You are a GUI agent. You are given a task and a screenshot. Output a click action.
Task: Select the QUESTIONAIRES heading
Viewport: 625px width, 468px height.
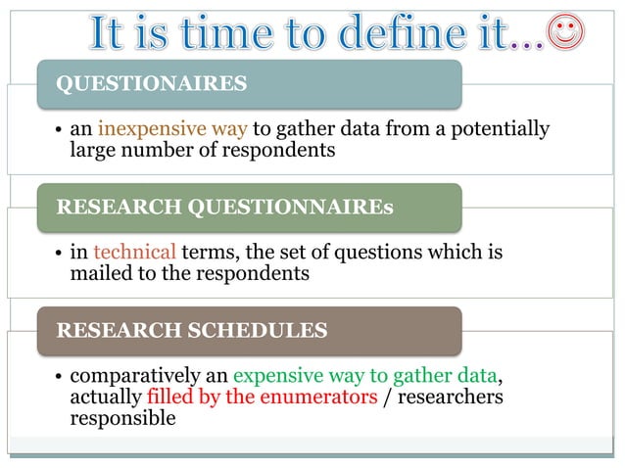(x=152, y=83)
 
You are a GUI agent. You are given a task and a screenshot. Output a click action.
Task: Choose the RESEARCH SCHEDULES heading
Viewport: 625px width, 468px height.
(x=191, y=330)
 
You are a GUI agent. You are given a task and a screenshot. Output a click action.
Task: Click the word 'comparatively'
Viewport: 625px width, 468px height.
(x=136, y=376)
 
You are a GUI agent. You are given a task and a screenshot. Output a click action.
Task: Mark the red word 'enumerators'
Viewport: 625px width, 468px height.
(x=322, y=397)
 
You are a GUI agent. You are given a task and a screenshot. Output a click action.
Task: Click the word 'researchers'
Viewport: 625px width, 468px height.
(x=452, y=397)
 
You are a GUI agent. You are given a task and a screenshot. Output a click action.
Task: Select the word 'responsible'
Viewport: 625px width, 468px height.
(x=122, y=418)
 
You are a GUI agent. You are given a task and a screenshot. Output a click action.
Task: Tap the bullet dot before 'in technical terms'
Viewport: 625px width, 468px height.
(x=59, y=254)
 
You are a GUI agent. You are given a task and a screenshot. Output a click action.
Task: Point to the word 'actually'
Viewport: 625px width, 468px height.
(x=106, y=397)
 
